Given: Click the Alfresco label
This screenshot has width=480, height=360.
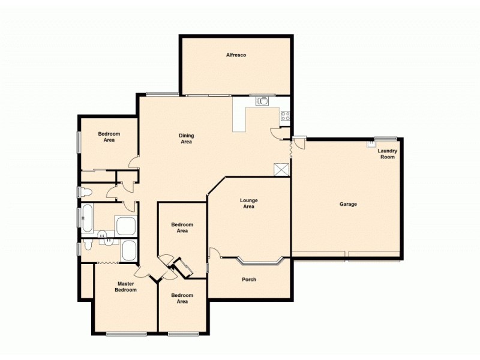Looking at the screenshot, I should [236, 55].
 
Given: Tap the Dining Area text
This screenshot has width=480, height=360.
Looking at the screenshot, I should [186, 139].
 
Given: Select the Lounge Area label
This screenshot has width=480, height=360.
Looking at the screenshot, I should [248, 203].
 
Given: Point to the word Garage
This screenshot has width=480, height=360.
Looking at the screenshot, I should [348, 204].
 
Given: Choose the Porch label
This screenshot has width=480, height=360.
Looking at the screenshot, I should [249, 280].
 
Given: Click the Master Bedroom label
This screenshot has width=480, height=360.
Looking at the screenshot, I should [126, 287].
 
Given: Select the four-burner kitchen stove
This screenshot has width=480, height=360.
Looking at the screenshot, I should [285, 116].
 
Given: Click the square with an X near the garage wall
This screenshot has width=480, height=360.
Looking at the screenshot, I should [281, 170].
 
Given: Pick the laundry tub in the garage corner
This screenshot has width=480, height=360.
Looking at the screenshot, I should [371, 145].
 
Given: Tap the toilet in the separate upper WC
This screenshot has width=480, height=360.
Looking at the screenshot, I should [85, 192].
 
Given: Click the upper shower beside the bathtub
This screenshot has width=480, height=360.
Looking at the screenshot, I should [126, 226].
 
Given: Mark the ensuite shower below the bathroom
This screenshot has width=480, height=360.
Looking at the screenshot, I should [129, 250].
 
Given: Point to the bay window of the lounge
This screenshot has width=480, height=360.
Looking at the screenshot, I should [260, 262].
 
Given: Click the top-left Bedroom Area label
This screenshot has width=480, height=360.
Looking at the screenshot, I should [109, 137].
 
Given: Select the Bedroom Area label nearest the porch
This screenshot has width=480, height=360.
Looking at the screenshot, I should [182, 298].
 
